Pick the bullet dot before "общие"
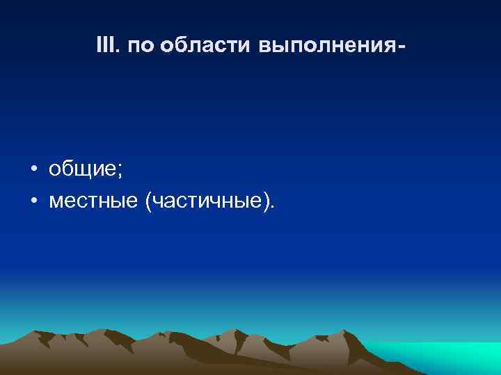(x=33, y=171)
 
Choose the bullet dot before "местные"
(x=33, y=201)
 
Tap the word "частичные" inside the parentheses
(x=206, y=201)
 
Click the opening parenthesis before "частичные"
(x=148, y=202)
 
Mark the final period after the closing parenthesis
(x=272, y=207)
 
